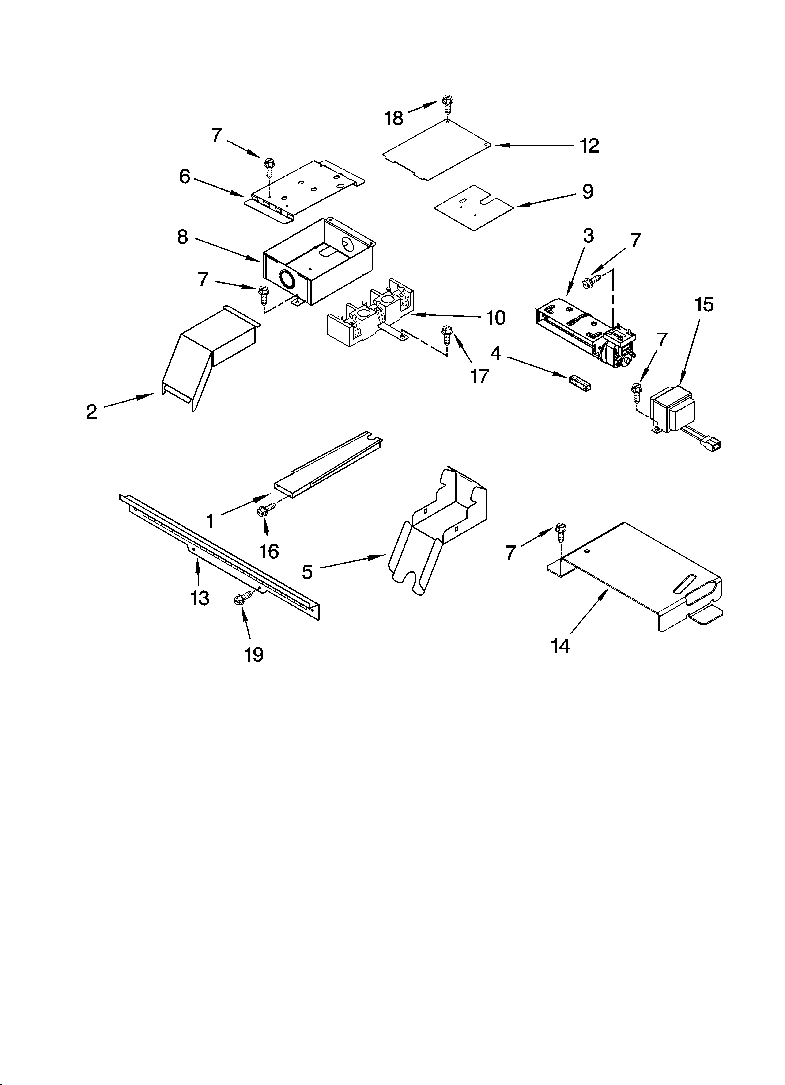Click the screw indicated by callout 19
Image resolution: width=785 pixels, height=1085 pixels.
(242, 598)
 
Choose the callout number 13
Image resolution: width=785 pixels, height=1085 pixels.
(200, 598)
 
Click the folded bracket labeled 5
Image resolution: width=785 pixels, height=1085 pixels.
(438, 529)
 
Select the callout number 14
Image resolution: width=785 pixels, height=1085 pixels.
(560, 646)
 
